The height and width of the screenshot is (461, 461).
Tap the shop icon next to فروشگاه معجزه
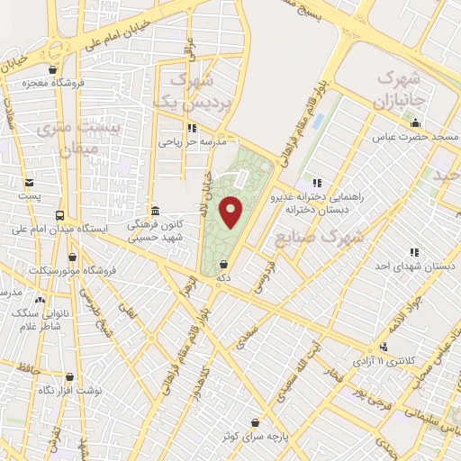point(53,69)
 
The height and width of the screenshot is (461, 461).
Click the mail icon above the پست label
point(30,182)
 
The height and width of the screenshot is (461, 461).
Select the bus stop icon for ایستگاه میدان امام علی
point(59,215)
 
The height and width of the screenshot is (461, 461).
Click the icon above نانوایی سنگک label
point(40,300)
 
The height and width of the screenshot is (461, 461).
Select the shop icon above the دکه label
point(223,266)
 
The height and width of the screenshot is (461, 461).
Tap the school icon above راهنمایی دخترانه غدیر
point(314,185)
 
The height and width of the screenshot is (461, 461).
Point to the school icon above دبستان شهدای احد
point(413,253)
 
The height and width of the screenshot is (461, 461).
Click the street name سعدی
point(245,337)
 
